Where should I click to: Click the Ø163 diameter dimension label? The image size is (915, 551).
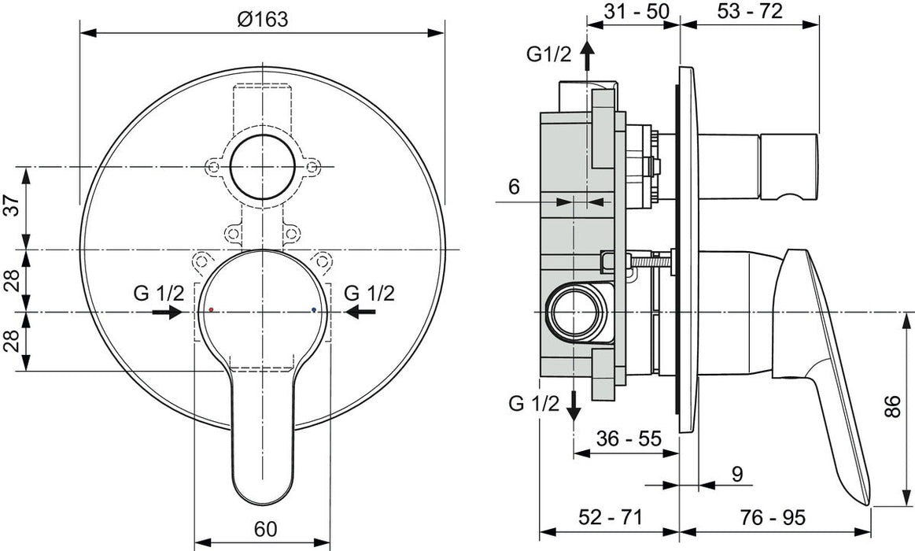pyautogui.click(x=262, y=20)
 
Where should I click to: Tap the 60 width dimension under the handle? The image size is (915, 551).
pyautogui.click(x=266, y=530)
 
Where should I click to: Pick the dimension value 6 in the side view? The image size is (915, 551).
pyautogui.click(x=515, y=187)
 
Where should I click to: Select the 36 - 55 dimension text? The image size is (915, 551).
pyautogui.click(x=628, y=438)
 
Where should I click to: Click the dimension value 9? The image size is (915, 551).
pyautogui.click(x=737, y=473)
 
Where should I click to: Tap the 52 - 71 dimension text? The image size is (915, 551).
pyautogui.click(x=611, y=517)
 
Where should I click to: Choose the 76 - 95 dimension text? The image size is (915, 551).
pyautogui.click(x=773, y=517)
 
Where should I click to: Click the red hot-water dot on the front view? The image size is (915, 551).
pyautogui.click(x=211, y=310)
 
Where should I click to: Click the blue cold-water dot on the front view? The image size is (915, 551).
pyautogui.click(x=314, y=310)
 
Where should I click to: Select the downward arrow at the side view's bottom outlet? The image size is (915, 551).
pyautogui.click(x=574, y=404)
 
